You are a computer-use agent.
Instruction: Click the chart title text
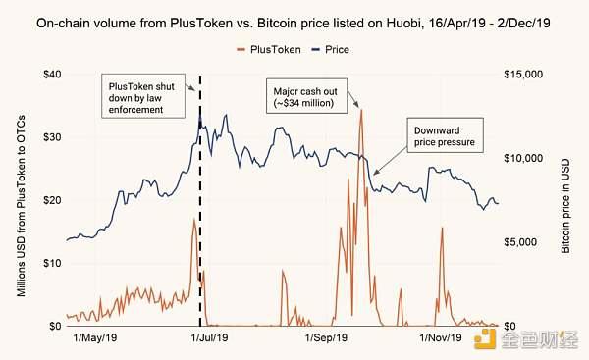click(294, 17)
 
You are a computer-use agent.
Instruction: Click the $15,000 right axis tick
click(523, 74)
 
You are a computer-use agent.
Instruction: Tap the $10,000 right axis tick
click(523, 158)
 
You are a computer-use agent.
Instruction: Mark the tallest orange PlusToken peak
click(361, 111)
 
